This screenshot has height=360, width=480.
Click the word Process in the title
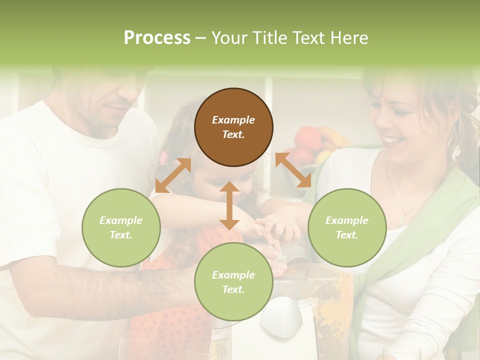157,38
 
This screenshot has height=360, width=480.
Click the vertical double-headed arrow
229,205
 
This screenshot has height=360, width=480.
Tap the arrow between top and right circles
293,170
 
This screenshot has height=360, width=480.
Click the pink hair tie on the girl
163,158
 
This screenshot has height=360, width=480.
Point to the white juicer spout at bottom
282,315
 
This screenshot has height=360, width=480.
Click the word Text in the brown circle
233,134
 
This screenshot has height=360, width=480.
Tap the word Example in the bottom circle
233,275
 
